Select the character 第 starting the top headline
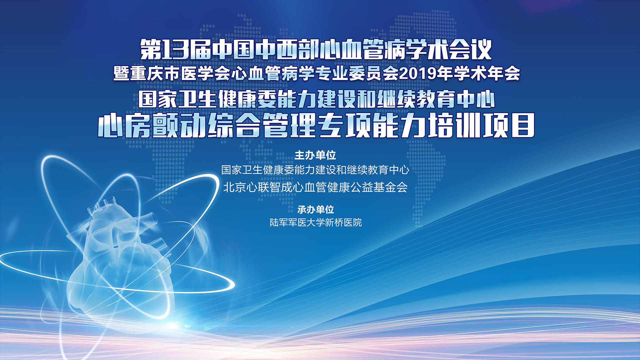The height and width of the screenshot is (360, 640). click(151, 49)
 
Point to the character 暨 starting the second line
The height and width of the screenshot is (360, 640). click(121, 73)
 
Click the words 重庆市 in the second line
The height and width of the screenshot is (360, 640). click(155, 73)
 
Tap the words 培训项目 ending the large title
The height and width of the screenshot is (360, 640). click(482, 125)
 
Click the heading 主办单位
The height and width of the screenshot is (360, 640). click(315, 155)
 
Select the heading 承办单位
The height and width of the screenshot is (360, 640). click(316, 209)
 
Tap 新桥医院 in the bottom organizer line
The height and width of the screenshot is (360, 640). click(343, 222)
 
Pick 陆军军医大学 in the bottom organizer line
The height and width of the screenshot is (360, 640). click(297, 222)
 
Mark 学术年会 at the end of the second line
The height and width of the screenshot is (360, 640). click(487, 73)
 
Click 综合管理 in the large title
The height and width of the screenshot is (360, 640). click(262, 125)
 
